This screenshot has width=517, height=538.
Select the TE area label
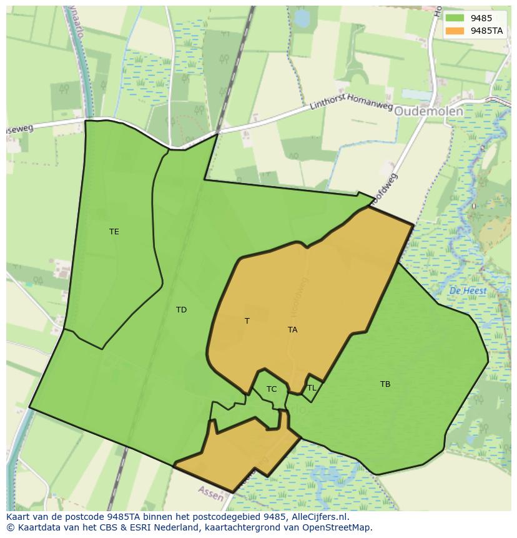pyautogui.click(x=114, y=232)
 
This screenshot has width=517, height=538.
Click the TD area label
pyautogui.click(x=181, y=310)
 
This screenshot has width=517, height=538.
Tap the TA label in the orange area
pyautogui.click(x=292, y=330)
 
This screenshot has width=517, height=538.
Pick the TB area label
pyautogui.click(x=385, y=384)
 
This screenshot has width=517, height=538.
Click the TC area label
pyautogui.click(x=272, y=389)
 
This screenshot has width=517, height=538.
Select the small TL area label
pyautogui.click(x=312, y=388)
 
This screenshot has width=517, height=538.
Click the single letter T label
pyautogui.click(x=247, y=321)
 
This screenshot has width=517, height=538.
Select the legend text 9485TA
pyautogui.click(x=488, y=31)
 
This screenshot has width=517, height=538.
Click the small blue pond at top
pyautogui.click(x=302, y=18)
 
